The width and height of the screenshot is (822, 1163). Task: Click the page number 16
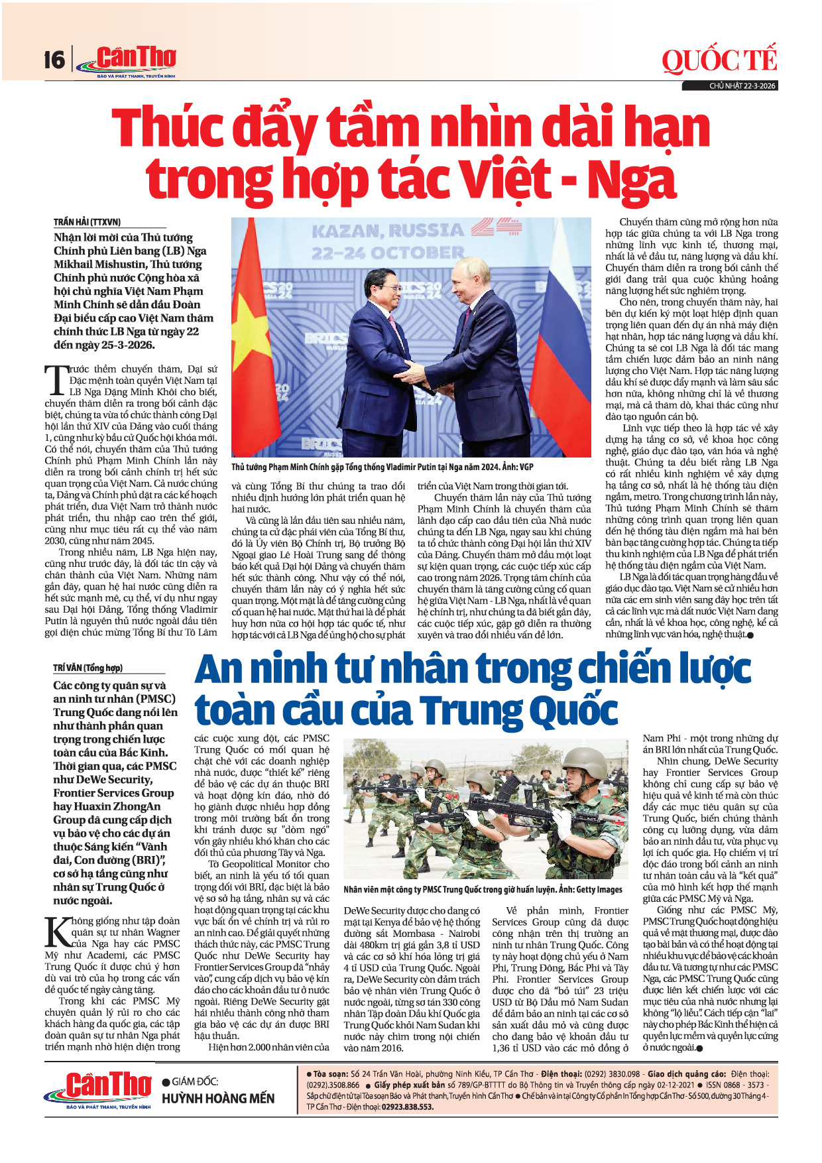[x=54, y=60]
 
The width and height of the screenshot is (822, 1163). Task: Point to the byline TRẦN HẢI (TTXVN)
[x=87, y=222]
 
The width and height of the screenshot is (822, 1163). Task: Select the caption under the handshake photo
[x=382, y=467]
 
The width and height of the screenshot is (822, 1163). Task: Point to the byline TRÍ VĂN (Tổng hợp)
[x=88, y=668]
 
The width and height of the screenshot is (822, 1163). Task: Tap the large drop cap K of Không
[x=56, y=932]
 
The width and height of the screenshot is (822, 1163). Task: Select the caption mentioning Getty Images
[x=483, y=889]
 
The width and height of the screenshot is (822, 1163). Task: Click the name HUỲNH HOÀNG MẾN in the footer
[x=218, y=1099]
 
